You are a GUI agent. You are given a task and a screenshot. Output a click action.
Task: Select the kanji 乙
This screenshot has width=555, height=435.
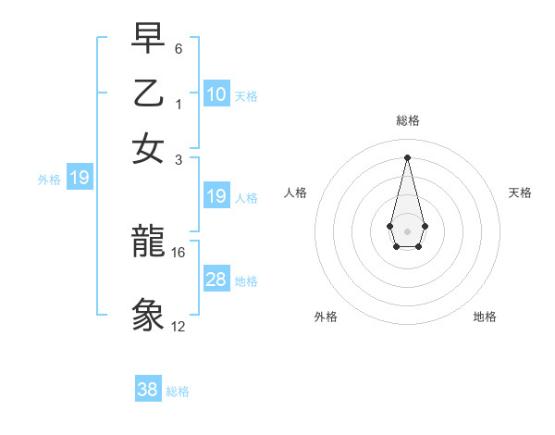pyautogui.click(x=149, y=95)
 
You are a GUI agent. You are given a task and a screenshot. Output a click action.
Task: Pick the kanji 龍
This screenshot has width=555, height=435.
pyautogui.click(x=149, y=243)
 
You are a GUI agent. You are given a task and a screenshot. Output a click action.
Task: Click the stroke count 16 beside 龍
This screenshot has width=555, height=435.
pyautogui.click(x=179, y=252)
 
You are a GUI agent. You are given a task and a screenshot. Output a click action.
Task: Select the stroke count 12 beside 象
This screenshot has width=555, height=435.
pyautogui.click(x=179, y=327)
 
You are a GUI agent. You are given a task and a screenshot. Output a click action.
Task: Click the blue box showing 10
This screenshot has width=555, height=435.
pyautogui.click(x=216, y=94)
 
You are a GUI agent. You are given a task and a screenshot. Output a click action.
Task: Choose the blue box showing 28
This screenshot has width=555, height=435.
pyautogui.click(x=216, y=280)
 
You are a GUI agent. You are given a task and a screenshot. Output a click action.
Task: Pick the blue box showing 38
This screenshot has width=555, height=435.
pyautogui.click(x=148, y=390)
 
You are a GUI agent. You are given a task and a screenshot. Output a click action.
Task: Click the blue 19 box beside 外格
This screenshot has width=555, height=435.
pyautogui.click(x=80, y=178)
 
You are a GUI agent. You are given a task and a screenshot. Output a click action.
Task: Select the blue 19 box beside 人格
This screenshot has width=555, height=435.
pyautogui.click(x=216, y=196)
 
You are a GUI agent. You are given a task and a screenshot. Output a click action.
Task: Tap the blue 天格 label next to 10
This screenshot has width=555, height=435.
pyautogui.click(x=246, y=96)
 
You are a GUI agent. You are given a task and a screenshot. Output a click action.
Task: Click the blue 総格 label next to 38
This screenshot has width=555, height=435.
pyautogui.click(x=178, y=391)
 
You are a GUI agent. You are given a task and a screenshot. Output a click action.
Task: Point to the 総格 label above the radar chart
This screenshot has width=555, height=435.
pyautogui.click(x=408, y=121)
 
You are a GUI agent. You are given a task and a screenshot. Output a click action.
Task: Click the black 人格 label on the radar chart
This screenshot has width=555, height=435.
pyautogui.click(x=296, y=193)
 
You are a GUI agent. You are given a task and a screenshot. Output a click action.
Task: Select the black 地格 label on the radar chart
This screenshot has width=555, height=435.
pyautogui.click(x=485, y=317)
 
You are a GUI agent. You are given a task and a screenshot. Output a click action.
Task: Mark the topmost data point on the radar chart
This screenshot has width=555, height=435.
pyautogui.click(x=407, y=156)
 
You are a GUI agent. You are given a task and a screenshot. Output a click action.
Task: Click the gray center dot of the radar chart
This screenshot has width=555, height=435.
pyautogui.click(x=407, y=230)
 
